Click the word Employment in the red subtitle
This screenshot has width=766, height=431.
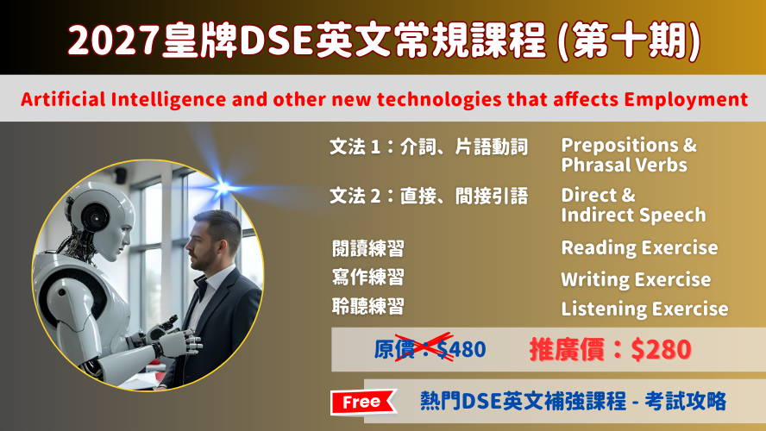click(x=686, y=100)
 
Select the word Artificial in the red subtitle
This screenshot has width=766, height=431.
click(x=63, y=100)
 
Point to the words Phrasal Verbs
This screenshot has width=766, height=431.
click(x=624, y=165)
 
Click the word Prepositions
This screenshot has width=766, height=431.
click(x=620, y=146)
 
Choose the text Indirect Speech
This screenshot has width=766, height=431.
click(x=633, y=215)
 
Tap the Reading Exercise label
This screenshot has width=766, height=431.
click(x=639, y=248)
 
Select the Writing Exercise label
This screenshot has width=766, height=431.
click(x=636, y=279)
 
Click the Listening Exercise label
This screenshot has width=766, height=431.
click(x=644, y=309)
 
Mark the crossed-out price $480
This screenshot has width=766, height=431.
click(x=461, y=349)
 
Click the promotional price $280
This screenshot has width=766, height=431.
click(x=661, y=349)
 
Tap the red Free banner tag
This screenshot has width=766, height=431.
click(x=363, y=403)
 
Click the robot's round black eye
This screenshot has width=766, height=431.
click(x=94, y=215)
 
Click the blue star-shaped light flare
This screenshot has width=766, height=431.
click(x=223, y=187)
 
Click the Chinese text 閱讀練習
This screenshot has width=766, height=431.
click(x=367, y=248)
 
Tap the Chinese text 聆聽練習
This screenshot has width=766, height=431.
click(x=367, y=307)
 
